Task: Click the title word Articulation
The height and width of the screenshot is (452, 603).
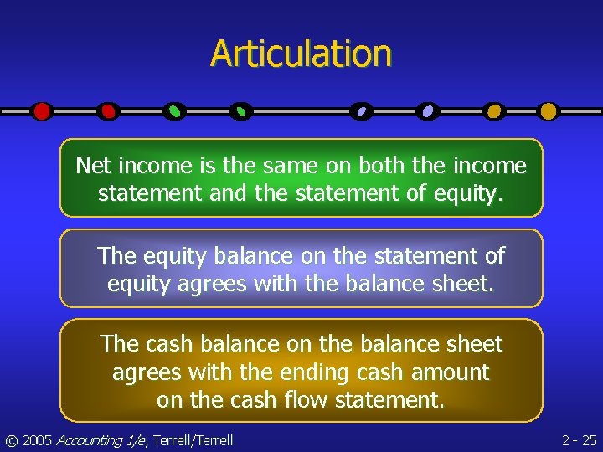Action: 301,53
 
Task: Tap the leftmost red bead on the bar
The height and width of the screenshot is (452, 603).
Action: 42,110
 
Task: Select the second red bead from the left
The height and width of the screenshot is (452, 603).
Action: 108,110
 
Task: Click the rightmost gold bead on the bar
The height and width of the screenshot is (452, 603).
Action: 548,110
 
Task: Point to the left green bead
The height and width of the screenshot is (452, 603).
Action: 174,110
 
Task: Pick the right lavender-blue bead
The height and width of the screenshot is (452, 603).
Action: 428,110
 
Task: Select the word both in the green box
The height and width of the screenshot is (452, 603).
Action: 386,166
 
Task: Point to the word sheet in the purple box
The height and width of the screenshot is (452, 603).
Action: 465,283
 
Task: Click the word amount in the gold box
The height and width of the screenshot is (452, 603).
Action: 447,372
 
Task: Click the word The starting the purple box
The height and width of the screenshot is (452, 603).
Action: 117,254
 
